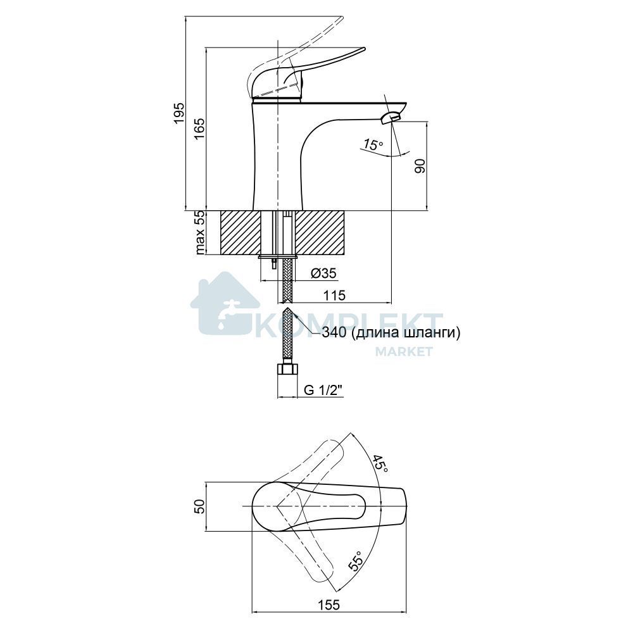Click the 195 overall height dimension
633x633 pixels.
tap(179, 113)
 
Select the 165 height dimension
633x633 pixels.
tap(199, 128)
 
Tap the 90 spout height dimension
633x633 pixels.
tap(420, 166)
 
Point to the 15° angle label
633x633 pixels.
tap(372, 144)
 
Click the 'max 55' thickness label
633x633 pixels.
tap(200, 233)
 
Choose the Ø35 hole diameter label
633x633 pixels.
tap(323, 273)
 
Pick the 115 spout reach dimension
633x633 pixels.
tap(335, 295)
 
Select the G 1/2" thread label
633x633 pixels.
tap(323, 390)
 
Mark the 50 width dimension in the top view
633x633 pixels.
tap(200, 506)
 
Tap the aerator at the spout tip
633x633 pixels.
tap(391, 118)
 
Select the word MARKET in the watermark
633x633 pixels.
tap(404, 351)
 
